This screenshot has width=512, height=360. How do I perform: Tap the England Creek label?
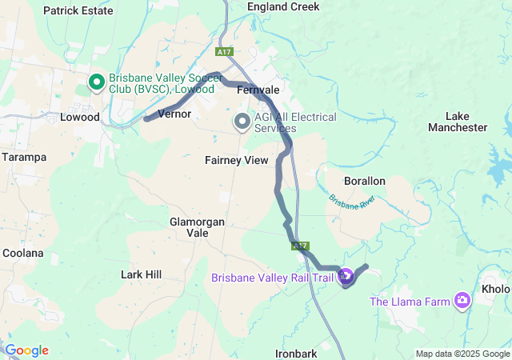(x=283, y=6)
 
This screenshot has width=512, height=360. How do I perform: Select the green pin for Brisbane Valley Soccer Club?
(x=95, y=82)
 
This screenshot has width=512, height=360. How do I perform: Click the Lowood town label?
(x=81, y=117)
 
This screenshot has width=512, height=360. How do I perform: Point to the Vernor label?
(x=175, y=114)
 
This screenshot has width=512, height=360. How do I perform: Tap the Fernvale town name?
(x=258, y=90)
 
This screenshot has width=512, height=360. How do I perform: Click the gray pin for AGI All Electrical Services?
(x=241, y=122)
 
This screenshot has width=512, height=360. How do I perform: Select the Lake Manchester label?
(x=457, y=122)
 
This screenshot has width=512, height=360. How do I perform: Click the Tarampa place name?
(x=23, y=156)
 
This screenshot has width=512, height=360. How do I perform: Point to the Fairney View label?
(x=236, y=160)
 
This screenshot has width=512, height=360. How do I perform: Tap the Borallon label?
(x=364, y=181)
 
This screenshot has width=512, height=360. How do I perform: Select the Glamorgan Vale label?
(x=197, y=226)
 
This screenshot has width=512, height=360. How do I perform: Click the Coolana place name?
(x=22, y=253)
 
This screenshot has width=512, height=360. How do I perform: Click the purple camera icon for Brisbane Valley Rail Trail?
(x=346, y=278)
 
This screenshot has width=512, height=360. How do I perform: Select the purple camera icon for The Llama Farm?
(x=462, y=301)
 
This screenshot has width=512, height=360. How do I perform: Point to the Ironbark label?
(x=296, y=353)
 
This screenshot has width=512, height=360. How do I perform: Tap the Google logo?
(x=26, y=350)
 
